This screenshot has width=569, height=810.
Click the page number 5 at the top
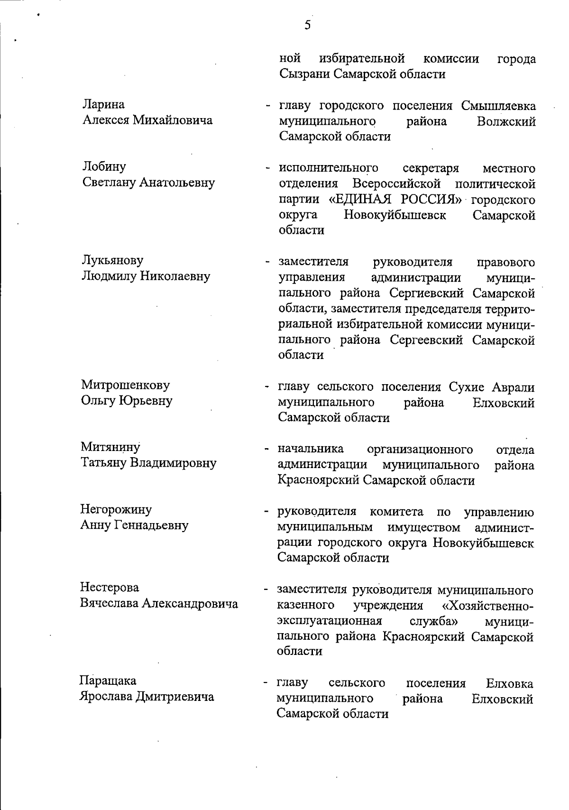(307, 25)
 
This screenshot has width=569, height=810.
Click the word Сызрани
(304, 74)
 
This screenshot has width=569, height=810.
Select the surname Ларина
(104, 104)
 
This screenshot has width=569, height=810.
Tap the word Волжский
(507, 121)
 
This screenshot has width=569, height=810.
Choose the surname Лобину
(104, 166)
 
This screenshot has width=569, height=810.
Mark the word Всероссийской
(397, 184)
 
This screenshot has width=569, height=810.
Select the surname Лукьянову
(112, 260)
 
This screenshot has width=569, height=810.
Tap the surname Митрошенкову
(125, 385)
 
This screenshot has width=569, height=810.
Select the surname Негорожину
(116, 509)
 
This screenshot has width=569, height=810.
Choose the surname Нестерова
(110, 588)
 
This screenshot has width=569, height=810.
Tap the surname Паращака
(108, 681)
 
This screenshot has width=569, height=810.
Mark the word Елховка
(509, 683)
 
